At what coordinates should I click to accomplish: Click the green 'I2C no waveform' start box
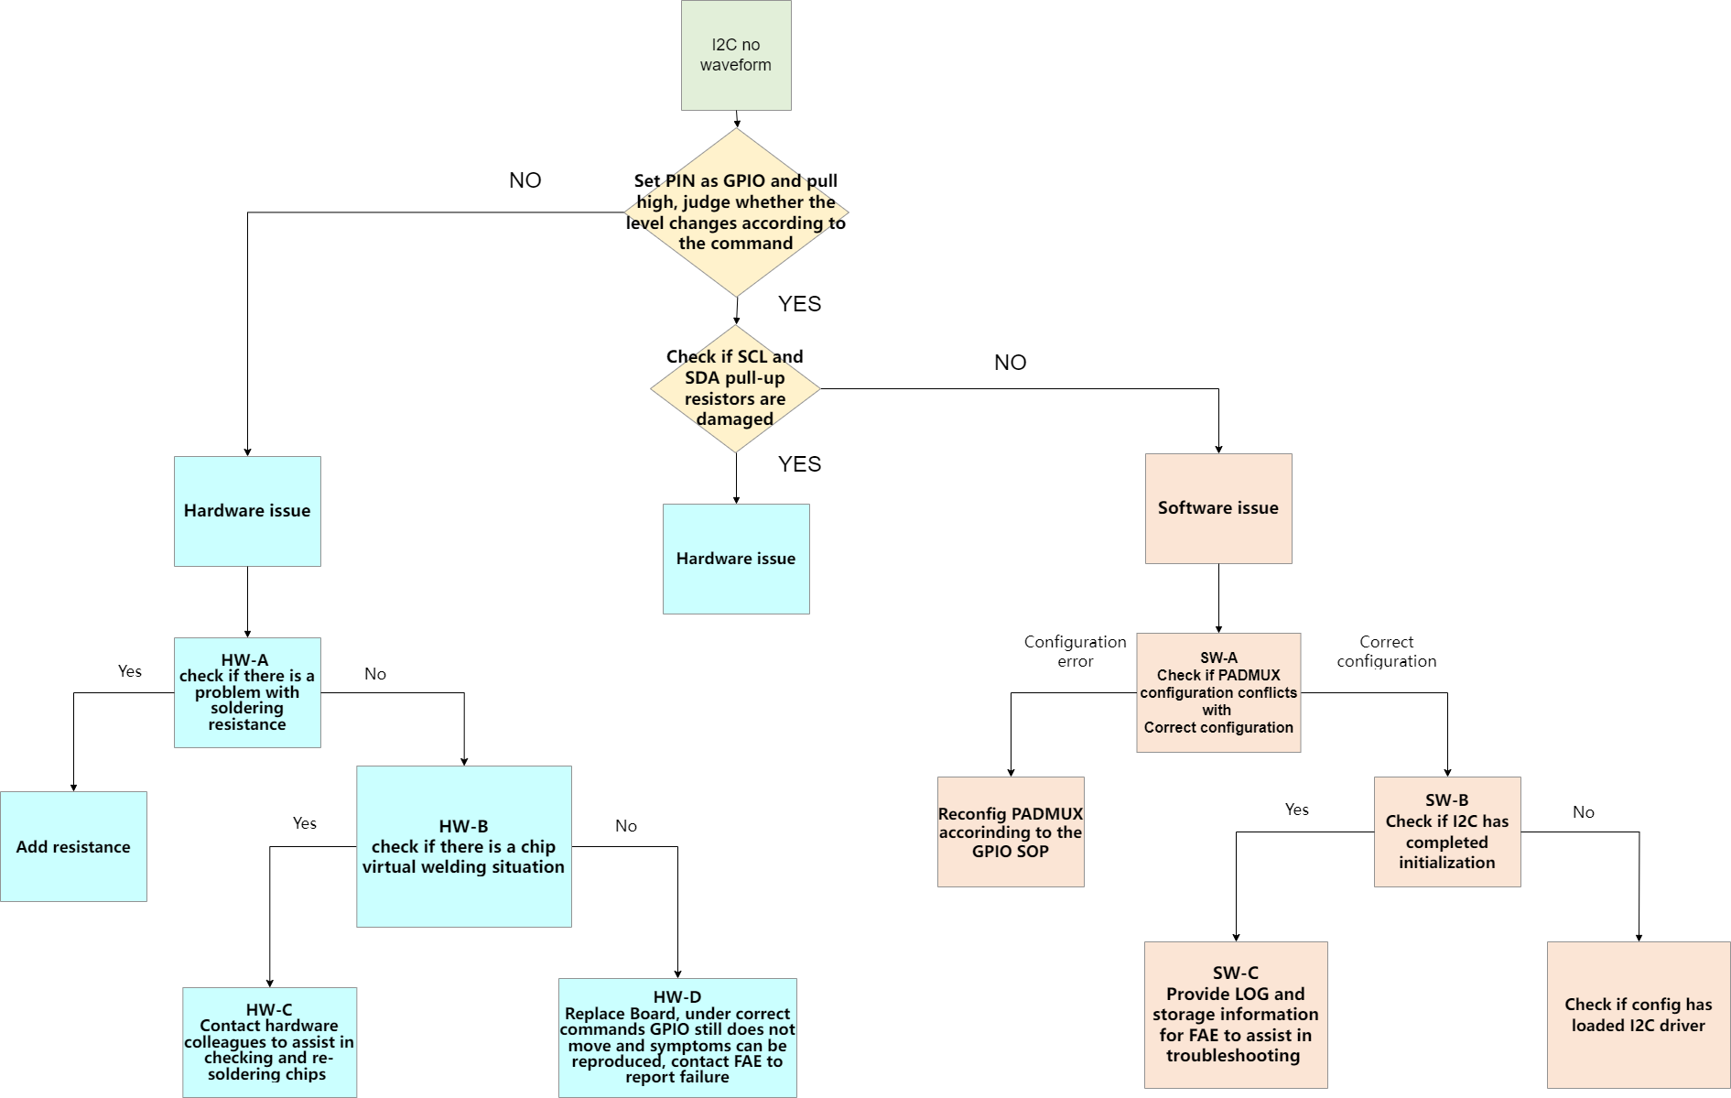pyautogui.click(x=736, y=55)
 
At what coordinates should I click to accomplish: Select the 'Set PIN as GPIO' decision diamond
pyautogui.click(x=736, y=212)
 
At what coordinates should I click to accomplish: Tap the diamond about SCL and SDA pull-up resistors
pyautogui.click(x=735, y=388)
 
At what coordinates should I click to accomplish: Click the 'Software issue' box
pyautogui.click(x=1218, y=508)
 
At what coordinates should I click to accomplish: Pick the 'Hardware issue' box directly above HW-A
pyautogui.click(x=247, y=511)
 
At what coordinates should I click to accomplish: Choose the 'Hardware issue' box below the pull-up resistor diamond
pyautogui.click(x=736, y=559)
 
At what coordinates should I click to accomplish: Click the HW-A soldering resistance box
pyautogui.click(x=247, y=692)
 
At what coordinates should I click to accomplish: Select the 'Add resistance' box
pyautogui.click(x=73, y=846)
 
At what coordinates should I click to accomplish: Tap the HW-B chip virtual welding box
pyautogui.click(x=463, y=846)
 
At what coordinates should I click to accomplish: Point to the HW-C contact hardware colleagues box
pyautogui.click(x=269, y=1041)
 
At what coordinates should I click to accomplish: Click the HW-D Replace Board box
pyautogui.click(x=677, y=1037)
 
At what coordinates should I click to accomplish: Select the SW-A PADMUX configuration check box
pyautogui.click(x=1218, y=692)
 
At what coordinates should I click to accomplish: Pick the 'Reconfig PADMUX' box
pyautogui.click(x=1011, y=832)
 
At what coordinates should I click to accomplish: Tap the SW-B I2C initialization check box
pyautogui.click(x=1447, y=832)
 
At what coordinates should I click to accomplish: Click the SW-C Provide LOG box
pyautogui.click(x=1236, y=1015)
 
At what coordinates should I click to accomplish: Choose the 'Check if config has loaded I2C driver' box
pyautogui.click(x=1639, y=1015)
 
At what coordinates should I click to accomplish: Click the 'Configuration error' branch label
pyautogui.click(x=1075, y=651)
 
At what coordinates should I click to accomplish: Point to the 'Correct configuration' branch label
pyautogui.click(x=1386, y=651)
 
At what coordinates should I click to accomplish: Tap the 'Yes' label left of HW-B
pyautogui.click(x=305, y=823)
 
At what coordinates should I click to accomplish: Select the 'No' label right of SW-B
pyautogui.click(x=1584, y=812)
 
